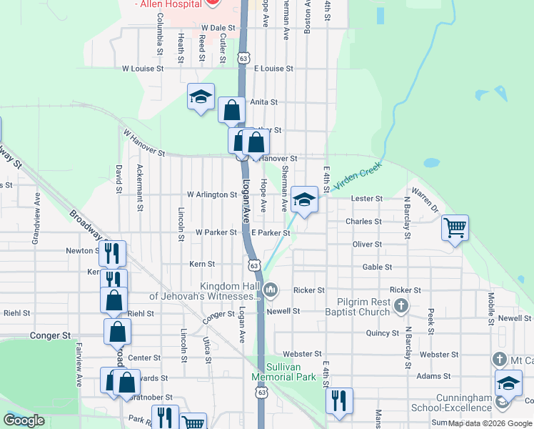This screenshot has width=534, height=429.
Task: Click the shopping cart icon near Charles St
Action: pyautogui.click(x=455, y=229)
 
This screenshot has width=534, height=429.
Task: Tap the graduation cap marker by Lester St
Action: pyautogui.click(x=305, y=200)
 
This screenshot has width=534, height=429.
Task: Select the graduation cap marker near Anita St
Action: pyautogui.click(x=201, y=97)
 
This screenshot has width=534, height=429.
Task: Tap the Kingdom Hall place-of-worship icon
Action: pyautogui.click(x=270, y=290)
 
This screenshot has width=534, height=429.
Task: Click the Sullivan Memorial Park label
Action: pyautogui.click(x=285, y=371)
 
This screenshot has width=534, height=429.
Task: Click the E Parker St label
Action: pyautogui.click(x=270, y=232)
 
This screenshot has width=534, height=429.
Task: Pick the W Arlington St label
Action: pyautogui.click(x=212, y=194)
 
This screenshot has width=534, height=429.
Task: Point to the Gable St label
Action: pyautogui.click(x=378, y=267)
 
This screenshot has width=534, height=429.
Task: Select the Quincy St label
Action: pyautogui.click(x=382, y=333)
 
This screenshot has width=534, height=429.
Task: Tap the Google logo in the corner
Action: pyautogui.click(x=24, y=420)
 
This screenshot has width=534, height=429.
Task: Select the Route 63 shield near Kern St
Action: pyautogui.click(x=254, y=265)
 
